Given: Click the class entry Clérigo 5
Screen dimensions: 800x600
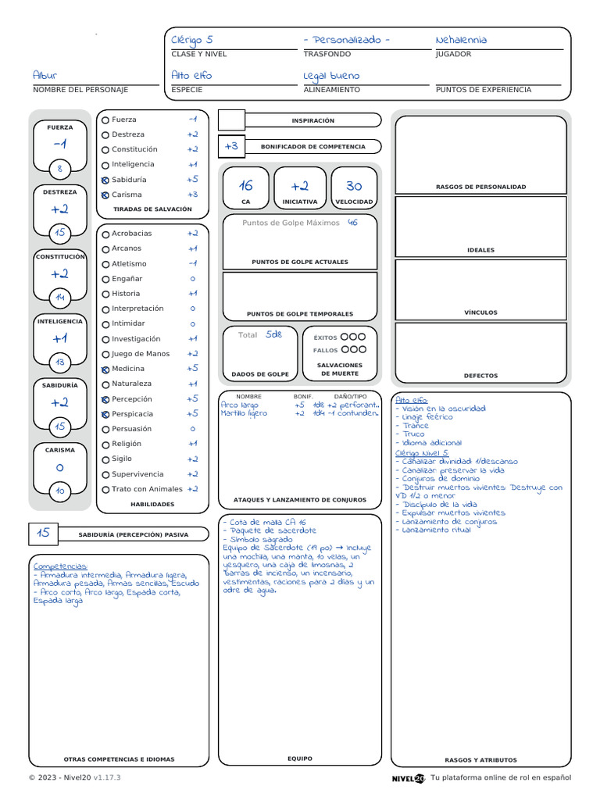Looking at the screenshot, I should click(x=192, y=41).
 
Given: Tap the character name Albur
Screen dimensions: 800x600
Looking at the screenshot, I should click(x=45, y=76).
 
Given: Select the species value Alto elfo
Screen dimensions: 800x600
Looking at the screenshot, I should click(x=191, y=76).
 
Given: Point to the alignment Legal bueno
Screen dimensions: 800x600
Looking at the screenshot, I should click(x=331, y=76).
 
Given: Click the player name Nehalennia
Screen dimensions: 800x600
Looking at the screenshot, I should click(x=461, y=40).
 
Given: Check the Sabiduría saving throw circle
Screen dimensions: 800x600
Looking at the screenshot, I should click(x=105, y=180).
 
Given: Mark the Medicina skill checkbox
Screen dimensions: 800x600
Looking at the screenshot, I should click(x=105, y=369).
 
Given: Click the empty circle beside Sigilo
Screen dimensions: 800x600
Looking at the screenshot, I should click(x=105, y=459).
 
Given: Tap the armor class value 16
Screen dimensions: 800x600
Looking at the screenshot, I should click(x=246, y=186).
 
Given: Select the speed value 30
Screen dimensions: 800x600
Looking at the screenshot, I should click(x=354, y=186).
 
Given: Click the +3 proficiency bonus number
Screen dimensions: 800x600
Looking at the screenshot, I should click(x=231, y=146).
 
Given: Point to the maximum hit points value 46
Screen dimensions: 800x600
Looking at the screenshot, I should click(x=352, y=223).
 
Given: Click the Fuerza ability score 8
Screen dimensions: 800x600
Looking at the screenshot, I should click(x=60, y=168).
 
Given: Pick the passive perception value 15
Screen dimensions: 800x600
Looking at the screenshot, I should click(x=43, y=533).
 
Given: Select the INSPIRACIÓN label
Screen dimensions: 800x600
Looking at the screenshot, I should click(x=312, y=121).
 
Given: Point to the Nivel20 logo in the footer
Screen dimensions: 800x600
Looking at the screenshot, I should click(x=409, y=778).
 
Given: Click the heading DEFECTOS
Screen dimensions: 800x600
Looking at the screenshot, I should click(x=480, y=376).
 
